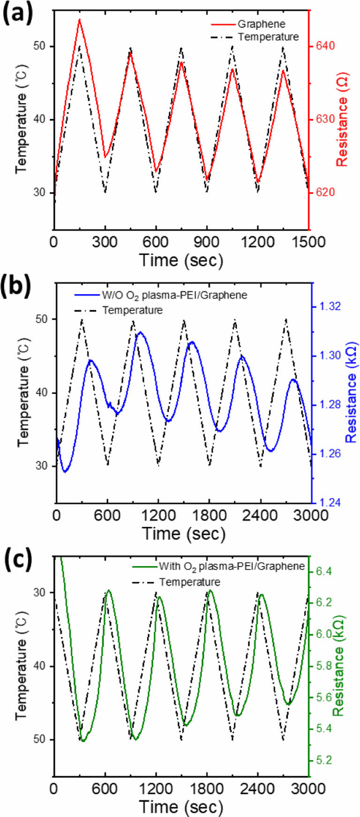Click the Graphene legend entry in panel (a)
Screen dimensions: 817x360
click(261, 24)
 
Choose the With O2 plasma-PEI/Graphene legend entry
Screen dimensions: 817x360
click(232, 566)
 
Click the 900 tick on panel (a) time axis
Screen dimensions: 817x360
click(206, 242)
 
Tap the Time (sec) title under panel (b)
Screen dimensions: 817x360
click(184, 533)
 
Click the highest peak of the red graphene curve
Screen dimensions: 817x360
click(80, 20)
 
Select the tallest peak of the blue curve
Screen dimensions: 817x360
click(140, 332)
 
